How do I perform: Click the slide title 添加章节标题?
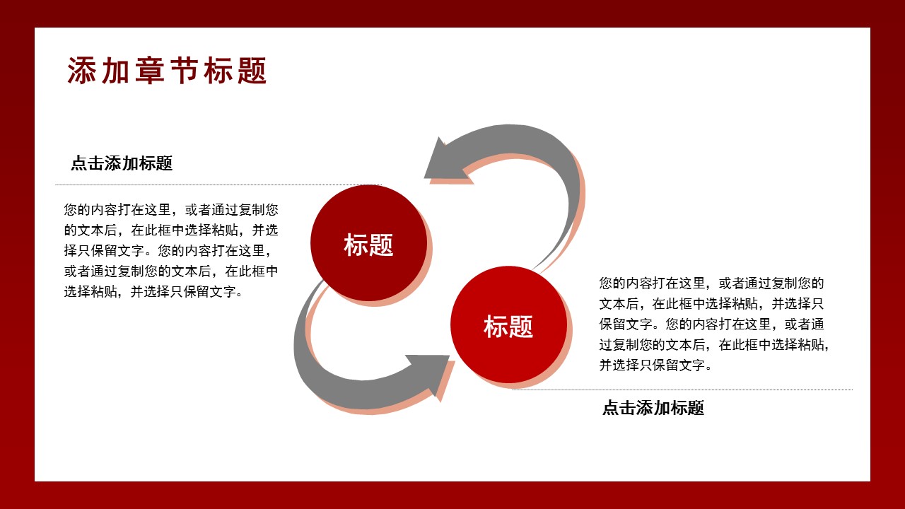pos(167,71)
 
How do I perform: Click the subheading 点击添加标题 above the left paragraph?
pos(122,164)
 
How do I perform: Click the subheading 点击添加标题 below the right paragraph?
pos(653,408)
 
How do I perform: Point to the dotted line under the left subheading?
pos(218,185)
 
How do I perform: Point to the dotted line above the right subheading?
pos(682,390)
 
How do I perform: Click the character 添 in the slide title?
pos(81,71)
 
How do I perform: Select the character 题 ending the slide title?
pos(252,71)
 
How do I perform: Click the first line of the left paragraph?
pos(170,210)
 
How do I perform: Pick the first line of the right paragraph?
pos(712,283)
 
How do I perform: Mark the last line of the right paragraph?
pos(655,365)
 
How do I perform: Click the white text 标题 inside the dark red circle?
pos(368,245)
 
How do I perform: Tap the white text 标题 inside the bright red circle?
pos(508,327)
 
